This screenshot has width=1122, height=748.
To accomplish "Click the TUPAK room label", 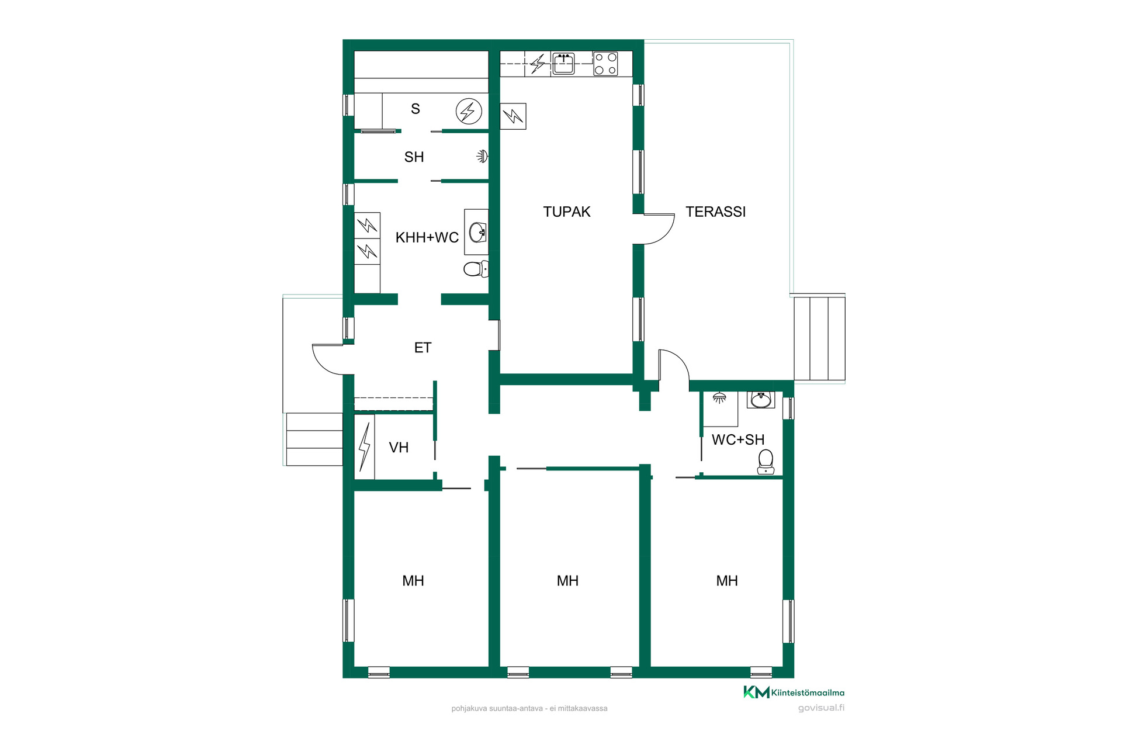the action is click(x=567, y=212).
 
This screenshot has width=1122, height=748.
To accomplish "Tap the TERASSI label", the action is click(x=715, y=212).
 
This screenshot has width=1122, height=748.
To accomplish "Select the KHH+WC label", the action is click(x=427, y=237).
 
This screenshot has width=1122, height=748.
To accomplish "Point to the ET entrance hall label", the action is click(x=423, y=348).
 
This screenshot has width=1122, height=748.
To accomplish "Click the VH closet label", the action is click(x=399, y=448).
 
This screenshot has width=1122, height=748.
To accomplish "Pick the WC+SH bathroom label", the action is click(x=738, y=439).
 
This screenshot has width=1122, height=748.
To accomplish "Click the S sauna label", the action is click(x=415, y=109).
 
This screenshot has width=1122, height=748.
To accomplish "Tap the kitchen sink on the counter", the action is click(x=563, y=63).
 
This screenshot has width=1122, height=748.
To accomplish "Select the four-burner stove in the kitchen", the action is click(x=605, y=64).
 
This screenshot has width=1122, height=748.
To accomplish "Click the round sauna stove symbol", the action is click(x=469, y=111).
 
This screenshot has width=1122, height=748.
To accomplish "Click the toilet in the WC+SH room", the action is click(x=766, y=462).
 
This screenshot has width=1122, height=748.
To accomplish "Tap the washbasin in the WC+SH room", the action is click(x=761, y=400).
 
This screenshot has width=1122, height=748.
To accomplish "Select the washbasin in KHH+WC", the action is click(x=477, y=232).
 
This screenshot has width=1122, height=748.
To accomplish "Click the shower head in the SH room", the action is click(x=483, y=156).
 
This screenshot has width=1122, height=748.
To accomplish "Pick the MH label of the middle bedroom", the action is click(x=567, y=581).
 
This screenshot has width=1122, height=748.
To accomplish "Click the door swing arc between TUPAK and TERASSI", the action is click(x=666, y=234).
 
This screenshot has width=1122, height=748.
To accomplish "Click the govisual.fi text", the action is click(x=821, y=708).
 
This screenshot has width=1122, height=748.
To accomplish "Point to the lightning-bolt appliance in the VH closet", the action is click(x=365, y=447).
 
